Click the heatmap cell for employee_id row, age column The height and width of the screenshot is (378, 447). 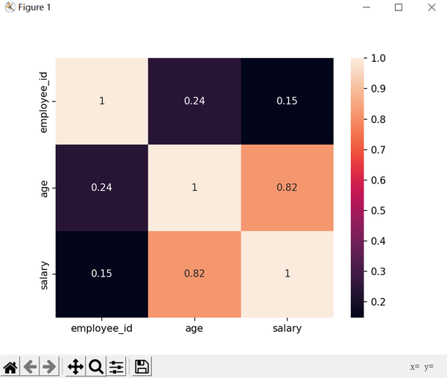(194, 101)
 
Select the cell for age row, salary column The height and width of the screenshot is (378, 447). (287, 187)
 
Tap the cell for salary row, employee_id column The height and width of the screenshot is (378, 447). (102, 274)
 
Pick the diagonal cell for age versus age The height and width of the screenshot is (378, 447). (194, 187)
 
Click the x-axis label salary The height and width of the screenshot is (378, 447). (287, 328)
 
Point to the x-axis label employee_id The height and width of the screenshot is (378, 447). (102, 328)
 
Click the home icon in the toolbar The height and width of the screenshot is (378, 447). (10, 366)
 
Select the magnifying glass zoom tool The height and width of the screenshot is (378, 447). (95, 366)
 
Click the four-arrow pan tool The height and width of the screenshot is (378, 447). (74, 366)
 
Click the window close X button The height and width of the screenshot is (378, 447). (432, 7)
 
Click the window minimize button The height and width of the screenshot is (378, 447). (366, 7)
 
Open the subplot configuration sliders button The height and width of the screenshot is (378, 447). (117, 366)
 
